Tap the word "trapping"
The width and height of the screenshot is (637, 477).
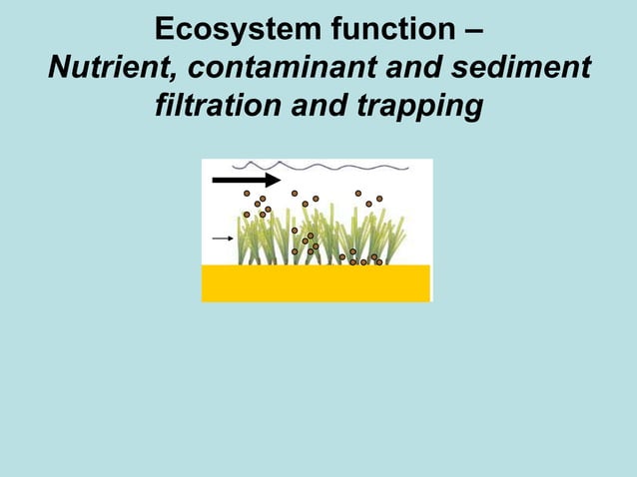(x=420, y=104)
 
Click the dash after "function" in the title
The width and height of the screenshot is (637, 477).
(x=472, y=28)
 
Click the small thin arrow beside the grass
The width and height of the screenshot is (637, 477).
(x=224, y=238)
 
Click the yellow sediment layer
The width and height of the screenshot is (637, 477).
(x=316, y=283)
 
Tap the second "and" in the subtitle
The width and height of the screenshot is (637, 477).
(x=321, y=103)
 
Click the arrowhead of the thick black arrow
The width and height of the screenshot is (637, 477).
(x=272, y=180)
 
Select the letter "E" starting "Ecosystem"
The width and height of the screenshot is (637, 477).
(x=165, y=26)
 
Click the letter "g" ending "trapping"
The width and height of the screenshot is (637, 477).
(x=472, y=106)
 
